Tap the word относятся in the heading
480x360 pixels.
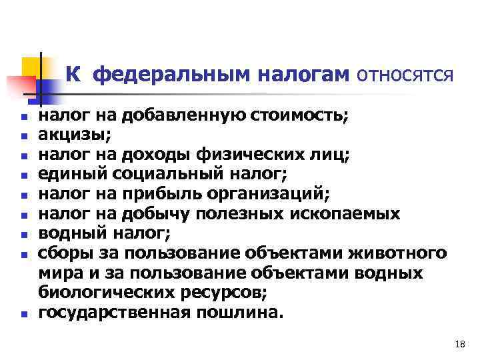tap(406, 76)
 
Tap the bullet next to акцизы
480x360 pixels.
tap(23, 137)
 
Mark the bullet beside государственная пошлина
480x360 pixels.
tap(23, 314)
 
